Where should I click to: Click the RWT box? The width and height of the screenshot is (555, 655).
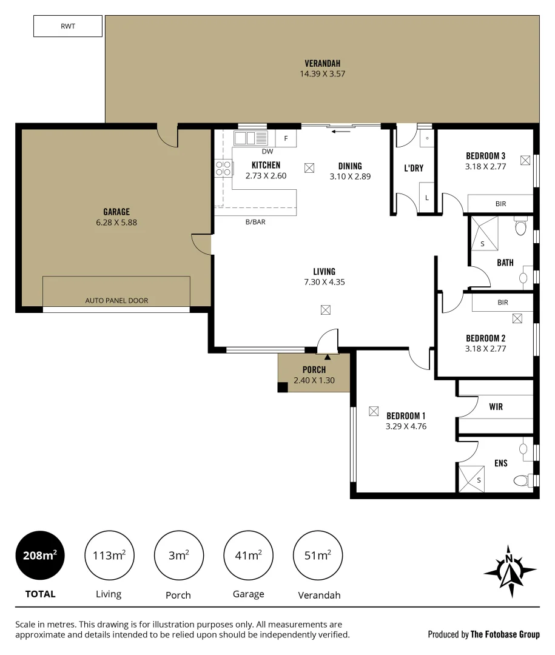click(x=67, y=27)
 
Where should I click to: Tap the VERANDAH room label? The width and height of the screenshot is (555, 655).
click(x=322, y=63)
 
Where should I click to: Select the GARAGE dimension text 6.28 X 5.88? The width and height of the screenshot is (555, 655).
click(x=116, y=223)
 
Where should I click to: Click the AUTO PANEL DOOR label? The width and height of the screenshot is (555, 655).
click(x=116, y=300)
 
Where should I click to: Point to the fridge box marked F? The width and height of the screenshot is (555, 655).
click(x=286, y=138)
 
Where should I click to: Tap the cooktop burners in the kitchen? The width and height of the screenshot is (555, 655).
click(x=223, y=168)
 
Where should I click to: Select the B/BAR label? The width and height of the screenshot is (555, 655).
click(x=255, y=222)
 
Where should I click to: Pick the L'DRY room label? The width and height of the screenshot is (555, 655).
click(x=414, y=168)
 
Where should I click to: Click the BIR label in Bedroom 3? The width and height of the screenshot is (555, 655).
click(x=501, y=204)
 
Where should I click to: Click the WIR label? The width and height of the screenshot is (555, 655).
click(x=496, y=407)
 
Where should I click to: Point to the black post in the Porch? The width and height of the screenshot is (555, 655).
click(x=283, y=387)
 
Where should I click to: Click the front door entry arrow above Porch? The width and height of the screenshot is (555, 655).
click(x=328, y=358)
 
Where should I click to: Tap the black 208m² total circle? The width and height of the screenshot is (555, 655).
click(x=40, y=555)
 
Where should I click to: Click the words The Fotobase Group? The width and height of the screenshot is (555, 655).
click(x=505, y=634)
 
